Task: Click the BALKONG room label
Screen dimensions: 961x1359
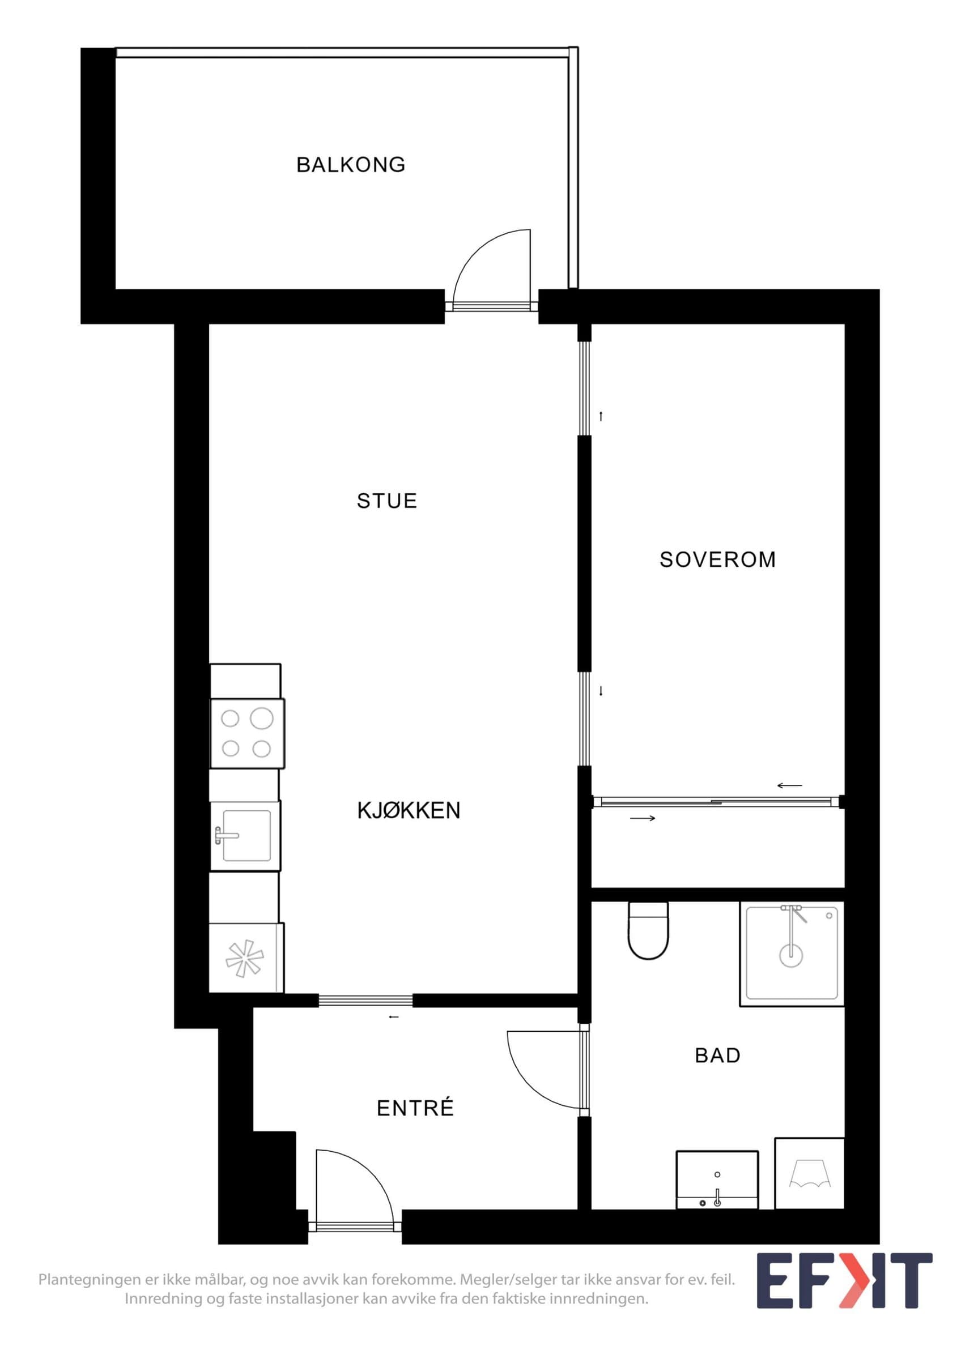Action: point(351,165)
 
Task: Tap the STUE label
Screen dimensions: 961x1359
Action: point(386,501)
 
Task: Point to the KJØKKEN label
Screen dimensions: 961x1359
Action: point(409,810)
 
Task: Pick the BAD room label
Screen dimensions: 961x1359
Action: point(718,1055)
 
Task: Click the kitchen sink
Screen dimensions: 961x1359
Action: point(245,835)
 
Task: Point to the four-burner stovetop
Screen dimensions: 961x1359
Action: point(248,733)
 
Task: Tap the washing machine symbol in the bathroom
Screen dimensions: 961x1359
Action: point(809,1174)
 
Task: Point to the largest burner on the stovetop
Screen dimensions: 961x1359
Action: point(262,719)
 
